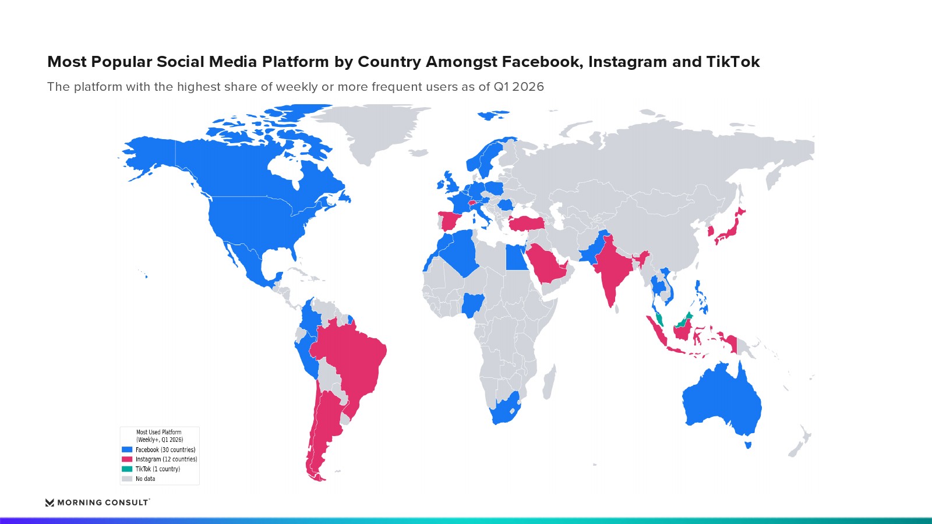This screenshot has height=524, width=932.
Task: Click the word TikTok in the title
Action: click(x=733, y=62)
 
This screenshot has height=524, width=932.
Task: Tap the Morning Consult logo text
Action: click(x=103, y=502)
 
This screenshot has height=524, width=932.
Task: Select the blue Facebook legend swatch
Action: click(x=127, y=449)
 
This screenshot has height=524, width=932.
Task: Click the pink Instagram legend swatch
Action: click(x=127, y=459)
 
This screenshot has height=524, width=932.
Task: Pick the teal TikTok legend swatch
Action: click(x=127, y=469)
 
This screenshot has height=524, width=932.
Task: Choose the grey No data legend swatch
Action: click(x=127, y=479)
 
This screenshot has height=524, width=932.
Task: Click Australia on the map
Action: click(x=722, y=399)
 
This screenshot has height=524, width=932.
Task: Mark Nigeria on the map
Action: click(x=473, y=305)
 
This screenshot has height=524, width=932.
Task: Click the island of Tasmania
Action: click(x=748, y=445)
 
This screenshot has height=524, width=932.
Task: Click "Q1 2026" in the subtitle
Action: click(x=519, y=87)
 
